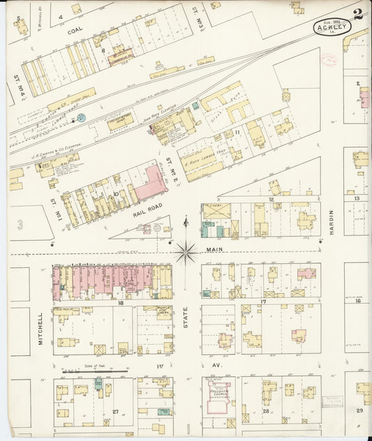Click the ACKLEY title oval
pyautogui.click(x=332, y=28)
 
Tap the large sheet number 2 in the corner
pyautogui.click(x=358, y=13)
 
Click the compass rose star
pyautogui.click(x=186, y=252)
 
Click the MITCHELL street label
pyautogui.click(x=41, y=328)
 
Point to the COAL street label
pyautogui.click(x=75, y=31)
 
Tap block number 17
pyautogui.click(x=264, y=301)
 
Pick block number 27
pyautogui.click(x=116, y=412)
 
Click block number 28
pyautogui.click(x=266, y=412)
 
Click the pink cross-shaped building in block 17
pyautogui.click(x=306, y=273)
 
